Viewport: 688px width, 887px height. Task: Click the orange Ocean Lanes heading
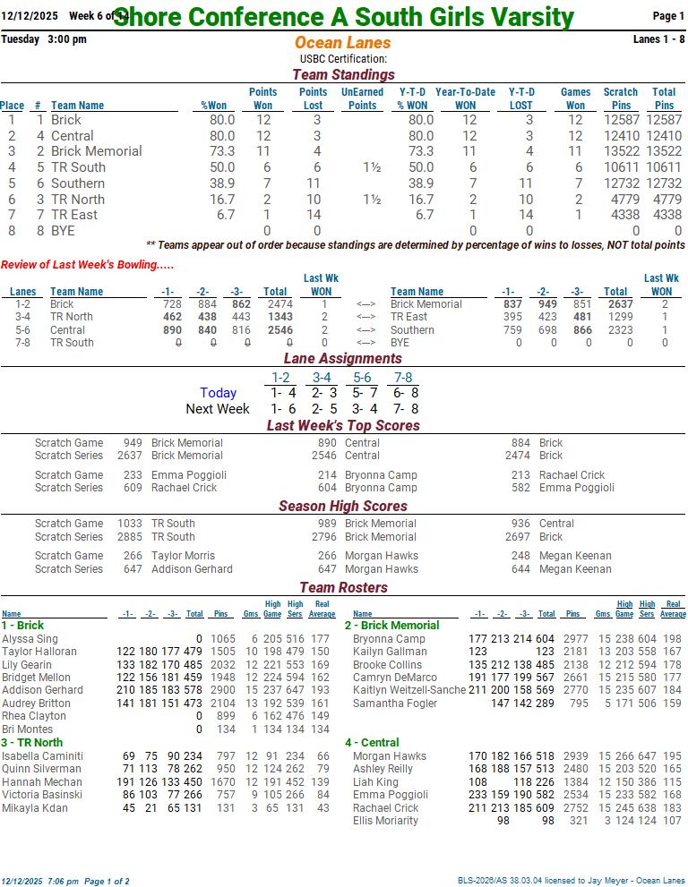pyautogui.click(x=342, y=43)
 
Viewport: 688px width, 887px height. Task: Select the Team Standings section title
pyautogui.click(x=343, y=75)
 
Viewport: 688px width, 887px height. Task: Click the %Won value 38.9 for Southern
pyautogui.click(x=221, y=183)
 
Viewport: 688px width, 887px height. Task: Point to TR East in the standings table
pyautogui.click(x=74, y=215)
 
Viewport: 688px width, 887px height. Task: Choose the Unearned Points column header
pyautogui.click(x=362, y=98)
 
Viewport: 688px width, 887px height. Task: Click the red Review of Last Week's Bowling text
pyautogui.click(x=87, y=264)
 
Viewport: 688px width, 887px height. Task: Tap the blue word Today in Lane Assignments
pyautogui.click(x=218, y=393)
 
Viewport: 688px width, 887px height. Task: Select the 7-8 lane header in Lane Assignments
pyautogui.click(x=402, y=378)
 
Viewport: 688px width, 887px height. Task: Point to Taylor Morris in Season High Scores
pyautogui.click(x=183, y=556)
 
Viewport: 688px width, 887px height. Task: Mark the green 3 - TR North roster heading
pyautogui.click(x=32, y=743)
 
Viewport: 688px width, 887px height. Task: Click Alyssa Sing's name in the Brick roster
pyautogui.click(x=30, y=639)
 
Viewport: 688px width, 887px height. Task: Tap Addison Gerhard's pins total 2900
pyautogui.click(x=221, y=691)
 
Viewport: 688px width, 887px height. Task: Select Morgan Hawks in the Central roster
pyautogui.click(x=390, y=756)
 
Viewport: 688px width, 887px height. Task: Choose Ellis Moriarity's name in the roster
pyautogui.click(x=385, y=821)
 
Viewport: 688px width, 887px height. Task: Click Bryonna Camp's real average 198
pyautogui.click(x=673, y=639)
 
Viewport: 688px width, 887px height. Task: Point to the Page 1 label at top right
pyautogui.click(x=668, y=16)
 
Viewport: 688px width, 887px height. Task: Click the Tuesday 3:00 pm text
pyautogui.click(x=44, y=39)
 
